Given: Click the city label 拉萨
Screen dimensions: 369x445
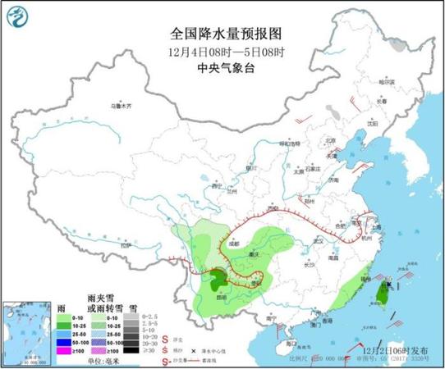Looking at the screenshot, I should (125, 244).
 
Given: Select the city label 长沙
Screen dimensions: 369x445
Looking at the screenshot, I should (308, 265).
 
